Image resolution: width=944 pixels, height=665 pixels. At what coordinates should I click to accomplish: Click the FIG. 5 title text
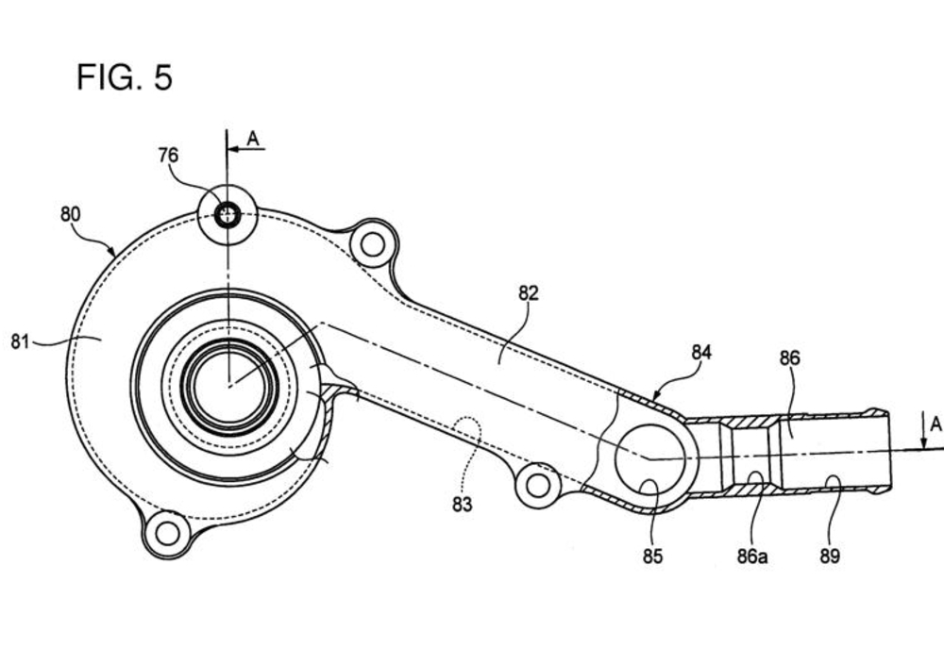pyautogui.click(x=125, y=77)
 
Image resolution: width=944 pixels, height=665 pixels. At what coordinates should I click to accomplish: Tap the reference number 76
pyautogui.click(x=169, y=156)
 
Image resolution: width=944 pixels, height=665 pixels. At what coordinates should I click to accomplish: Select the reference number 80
pyautogui.click(x=71, y=214)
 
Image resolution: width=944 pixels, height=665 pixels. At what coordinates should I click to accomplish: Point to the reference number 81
pyautogui.click(x=20, y=341)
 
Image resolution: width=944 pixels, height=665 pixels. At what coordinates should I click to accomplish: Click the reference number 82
pyautogui.click(x=529, y=293)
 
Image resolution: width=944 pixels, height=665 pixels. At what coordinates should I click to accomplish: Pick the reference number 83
pyautogui.click(x=463, y=505)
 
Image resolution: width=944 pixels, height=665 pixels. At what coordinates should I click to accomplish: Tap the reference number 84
pyautogui.click(x=701, y=353)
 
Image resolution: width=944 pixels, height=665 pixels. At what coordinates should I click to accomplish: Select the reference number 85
pyautogui.click(x=652, y=557)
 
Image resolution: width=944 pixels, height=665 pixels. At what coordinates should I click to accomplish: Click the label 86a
pyautogui.click(x=752, y=557)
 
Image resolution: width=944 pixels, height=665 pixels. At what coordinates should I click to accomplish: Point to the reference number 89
pyautogui.click(x=830, y=557)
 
